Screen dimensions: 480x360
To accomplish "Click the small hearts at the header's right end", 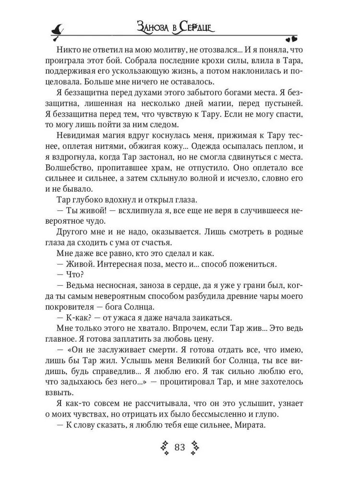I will pyautogui.click(x=291, y=39).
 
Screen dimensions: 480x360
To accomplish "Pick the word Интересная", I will pyautogui.click(x=120, y=264).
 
